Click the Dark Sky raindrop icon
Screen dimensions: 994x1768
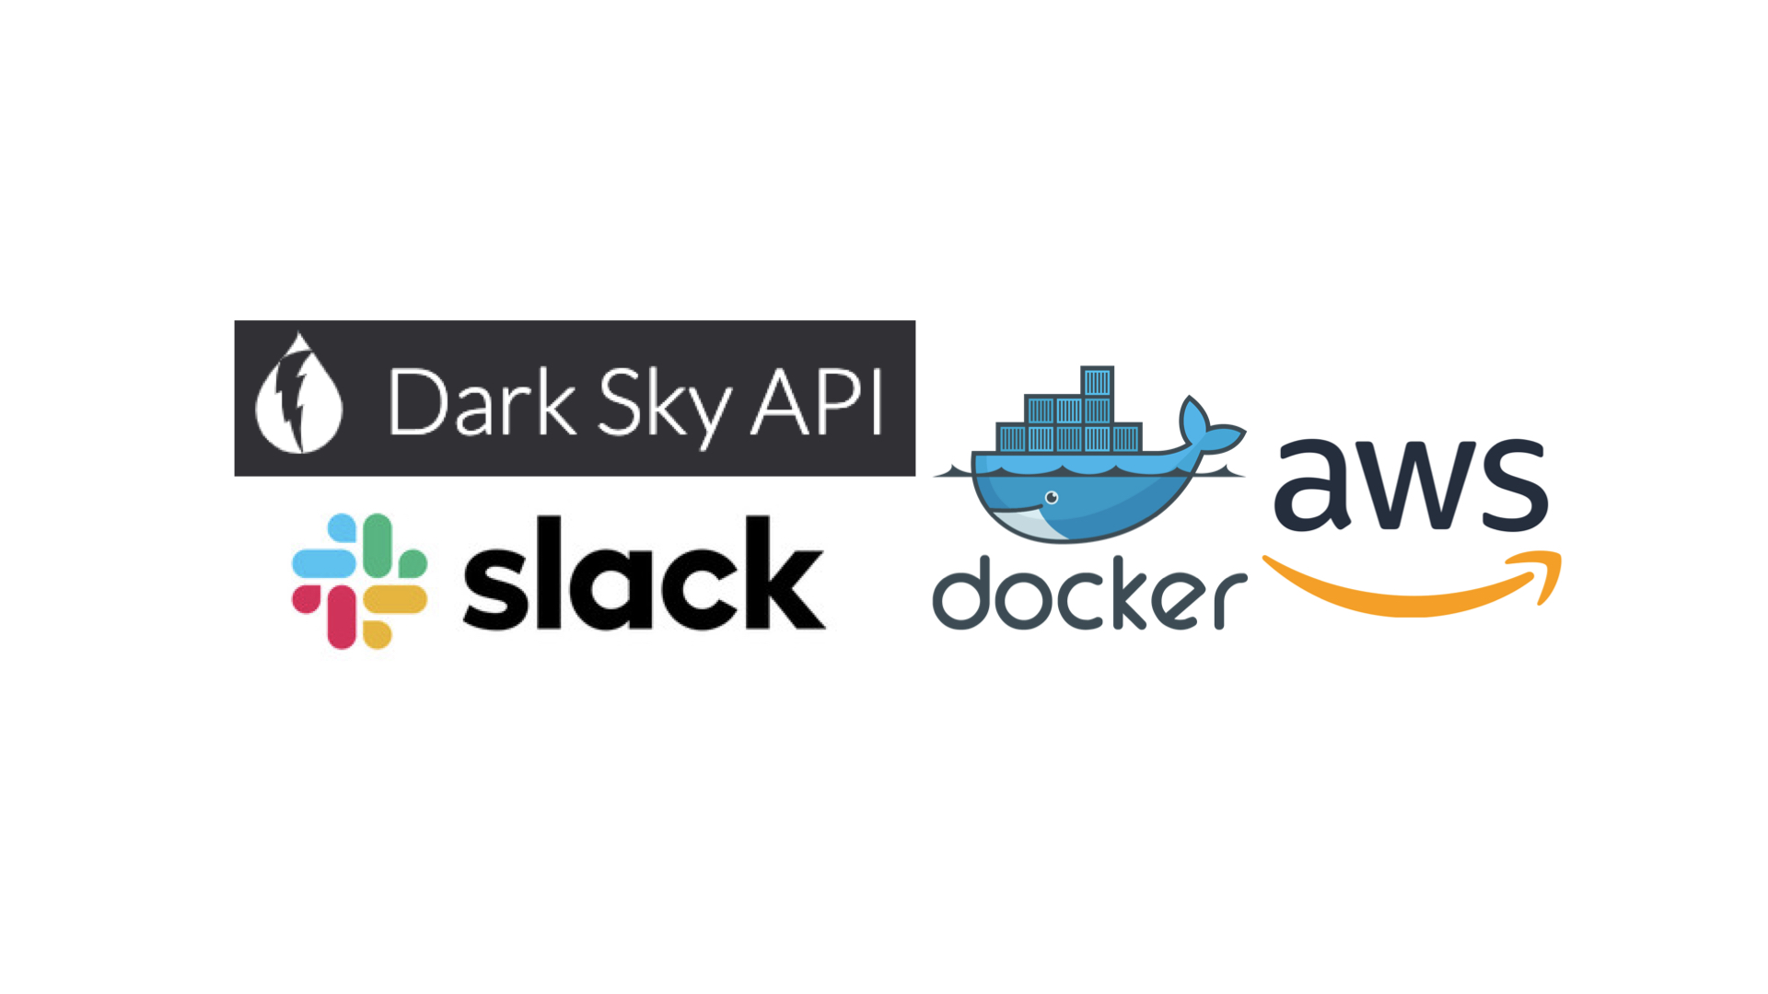click(x=298, y=398)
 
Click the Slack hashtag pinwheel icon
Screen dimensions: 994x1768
click(x=359, y=581)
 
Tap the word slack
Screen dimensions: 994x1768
click(x=643, y=574)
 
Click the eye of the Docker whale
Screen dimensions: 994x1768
click(x=1052, y=498)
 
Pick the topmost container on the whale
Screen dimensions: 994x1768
click(x=1097, y=381)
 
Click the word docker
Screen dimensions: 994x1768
click(x=1089, y=595)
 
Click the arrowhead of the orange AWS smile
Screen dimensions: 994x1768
click(x=1542, y=572)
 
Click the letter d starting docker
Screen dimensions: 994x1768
click(x=965, y=595)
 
